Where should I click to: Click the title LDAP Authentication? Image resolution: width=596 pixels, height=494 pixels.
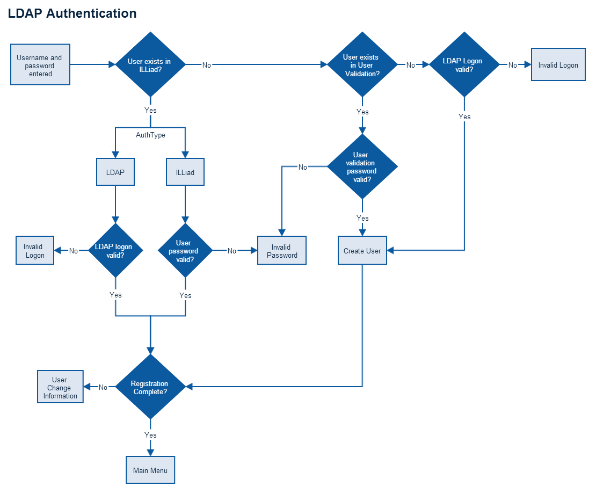click(x=72, y=13)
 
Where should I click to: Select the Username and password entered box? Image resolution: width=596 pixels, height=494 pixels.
click(x=40, y=65)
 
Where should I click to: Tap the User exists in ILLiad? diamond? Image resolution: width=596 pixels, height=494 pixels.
click(x=150, y=64)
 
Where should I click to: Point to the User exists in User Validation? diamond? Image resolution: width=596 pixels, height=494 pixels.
click(x=362, y=64)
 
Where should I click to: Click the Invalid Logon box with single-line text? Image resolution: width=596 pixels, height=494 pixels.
click(x=558, y=65)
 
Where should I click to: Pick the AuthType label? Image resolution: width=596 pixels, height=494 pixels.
click(x=150, y=135)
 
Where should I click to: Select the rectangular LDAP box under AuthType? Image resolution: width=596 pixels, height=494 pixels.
click(x=115, y=172)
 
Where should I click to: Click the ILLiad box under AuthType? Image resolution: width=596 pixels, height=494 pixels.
click(x=185, y=172)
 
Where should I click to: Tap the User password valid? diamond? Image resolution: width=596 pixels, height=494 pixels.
click(x=185, y=250)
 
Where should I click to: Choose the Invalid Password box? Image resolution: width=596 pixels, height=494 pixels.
click(x=282, y=251)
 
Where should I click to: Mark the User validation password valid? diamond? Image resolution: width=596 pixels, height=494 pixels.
click(x=362, y=167)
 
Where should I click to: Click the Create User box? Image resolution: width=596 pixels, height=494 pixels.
click(x=362, y=251)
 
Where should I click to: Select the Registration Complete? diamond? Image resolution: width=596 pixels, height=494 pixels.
click(x=150, y=387)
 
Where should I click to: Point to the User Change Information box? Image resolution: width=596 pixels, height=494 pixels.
click(x=60, y=387)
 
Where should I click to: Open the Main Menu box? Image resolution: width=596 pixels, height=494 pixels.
click(x=150, y=470)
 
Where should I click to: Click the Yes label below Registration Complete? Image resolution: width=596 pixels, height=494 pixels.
click(x=150, y=435)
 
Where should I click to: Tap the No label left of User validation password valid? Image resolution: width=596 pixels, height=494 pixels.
click(x=303, y=167)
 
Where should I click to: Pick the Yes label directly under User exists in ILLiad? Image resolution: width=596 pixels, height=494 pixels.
click(x=150, y=110)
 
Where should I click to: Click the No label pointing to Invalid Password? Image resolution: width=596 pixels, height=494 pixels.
click(x=232, y=251)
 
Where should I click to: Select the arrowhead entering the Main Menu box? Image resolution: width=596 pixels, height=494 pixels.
click(x=150, y=453)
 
